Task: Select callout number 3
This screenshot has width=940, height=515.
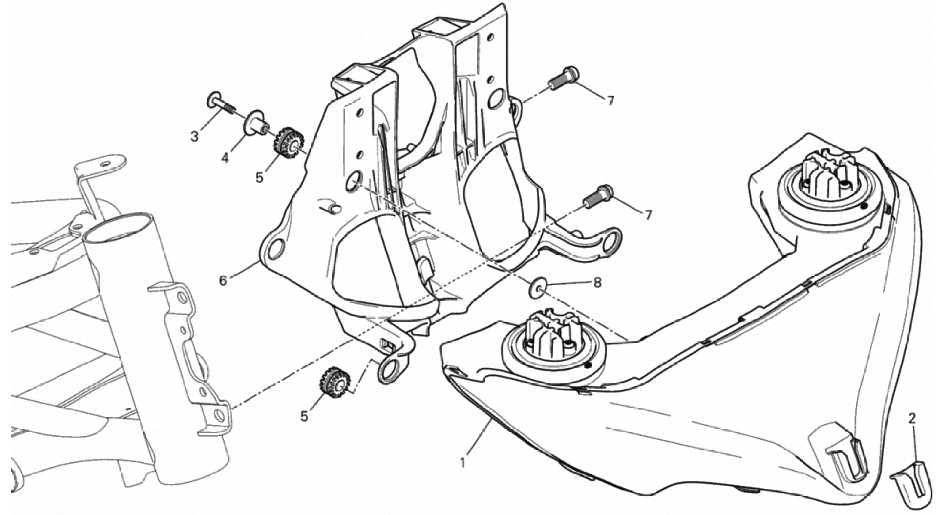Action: tap(195, 137)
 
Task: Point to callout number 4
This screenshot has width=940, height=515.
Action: tap(225, 158)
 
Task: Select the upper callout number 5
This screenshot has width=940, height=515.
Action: tap(259, 178)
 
